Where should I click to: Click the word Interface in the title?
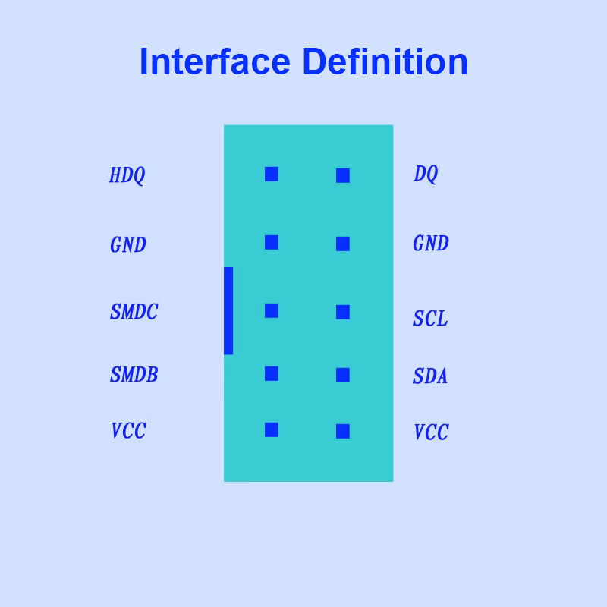click(215, 62)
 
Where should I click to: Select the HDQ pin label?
click(127, 176)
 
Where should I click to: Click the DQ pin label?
click(426, 175)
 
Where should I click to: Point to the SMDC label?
click(134, 313)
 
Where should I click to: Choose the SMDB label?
click(134, 376)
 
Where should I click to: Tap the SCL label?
click(430, 319)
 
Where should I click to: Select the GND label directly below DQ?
click(431, 244)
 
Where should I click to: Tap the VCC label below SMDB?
click(128, 432)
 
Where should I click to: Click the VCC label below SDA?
click(431, 433)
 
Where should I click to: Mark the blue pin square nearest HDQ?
click(272, 175)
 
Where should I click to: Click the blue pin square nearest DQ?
click(343, 176)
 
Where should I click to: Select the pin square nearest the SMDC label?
click(272, 311)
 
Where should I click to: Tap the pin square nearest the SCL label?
click(343, 313)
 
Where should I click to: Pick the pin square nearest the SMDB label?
click(272, 374)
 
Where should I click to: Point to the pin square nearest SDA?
click(343, 376)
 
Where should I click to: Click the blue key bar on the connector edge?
click(228, 311)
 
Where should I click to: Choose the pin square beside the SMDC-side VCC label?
click(272, 430)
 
